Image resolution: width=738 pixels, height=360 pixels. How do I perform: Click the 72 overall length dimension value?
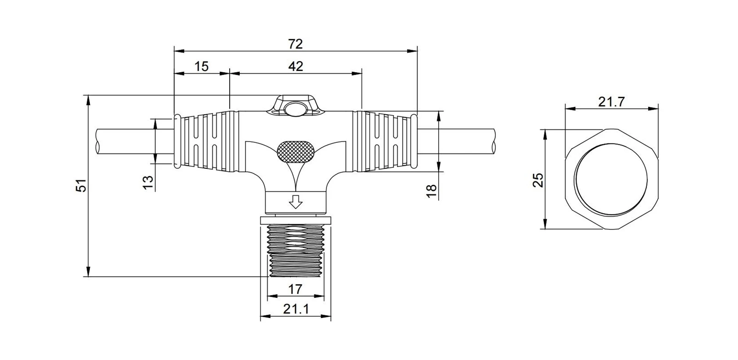click(295, 44)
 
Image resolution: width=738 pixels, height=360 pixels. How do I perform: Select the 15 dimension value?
click(201, 66)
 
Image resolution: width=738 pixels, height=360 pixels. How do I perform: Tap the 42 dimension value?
click(296, 66)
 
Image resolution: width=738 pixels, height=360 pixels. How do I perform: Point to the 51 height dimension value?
click(81, 185)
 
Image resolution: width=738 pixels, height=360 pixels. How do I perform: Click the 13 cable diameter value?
click(148, 183)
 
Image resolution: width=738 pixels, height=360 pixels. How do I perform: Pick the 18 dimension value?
click(431, 191)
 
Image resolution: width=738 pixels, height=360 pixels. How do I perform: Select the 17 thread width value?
click(295, 289)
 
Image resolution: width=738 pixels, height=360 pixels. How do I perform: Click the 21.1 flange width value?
click(296, 309)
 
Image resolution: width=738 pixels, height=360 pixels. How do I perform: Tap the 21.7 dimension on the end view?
click(612, 102)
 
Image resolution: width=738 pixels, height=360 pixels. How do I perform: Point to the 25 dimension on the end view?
click(538, 180)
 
